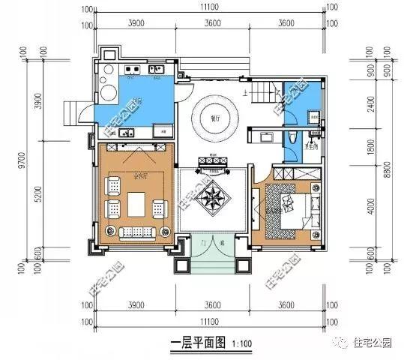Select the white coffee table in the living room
(x=135, y=202)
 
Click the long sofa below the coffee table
(x=136, y=229)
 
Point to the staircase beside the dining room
(x=267, y=94)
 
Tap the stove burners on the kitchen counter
(x=132, y=72)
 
